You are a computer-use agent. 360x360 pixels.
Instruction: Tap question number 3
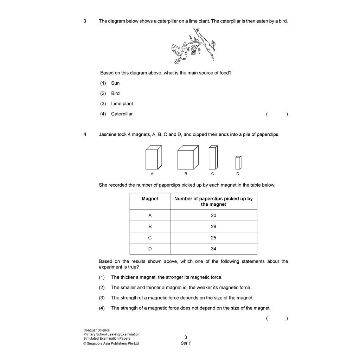(85, 21)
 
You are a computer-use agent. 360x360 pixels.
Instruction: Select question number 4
(85, 134)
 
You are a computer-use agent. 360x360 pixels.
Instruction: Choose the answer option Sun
(115, 83)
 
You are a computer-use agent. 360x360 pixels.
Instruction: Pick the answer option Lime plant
(122, 104)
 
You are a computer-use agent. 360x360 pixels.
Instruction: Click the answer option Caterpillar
(122, 114)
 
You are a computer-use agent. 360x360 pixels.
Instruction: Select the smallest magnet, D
(238, 163)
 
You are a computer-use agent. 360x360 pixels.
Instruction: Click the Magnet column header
(150, 199)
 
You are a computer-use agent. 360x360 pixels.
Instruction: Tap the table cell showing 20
(213, 216)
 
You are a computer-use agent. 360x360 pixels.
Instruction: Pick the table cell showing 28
(213, 227)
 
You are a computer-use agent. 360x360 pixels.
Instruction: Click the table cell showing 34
(213, 249)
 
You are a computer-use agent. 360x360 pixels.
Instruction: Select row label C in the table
(150, 238)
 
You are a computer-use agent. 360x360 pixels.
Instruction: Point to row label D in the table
(150, 249)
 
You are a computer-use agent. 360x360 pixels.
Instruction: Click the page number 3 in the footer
(186, 337)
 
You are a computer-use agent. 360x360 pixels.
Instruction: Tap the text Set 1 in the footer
(186, 343)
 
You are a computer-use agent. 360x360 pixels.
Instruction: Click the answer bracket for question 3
(277, 114)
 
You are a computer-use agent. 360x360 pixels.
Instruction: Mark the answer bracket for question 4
(277, 319)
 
